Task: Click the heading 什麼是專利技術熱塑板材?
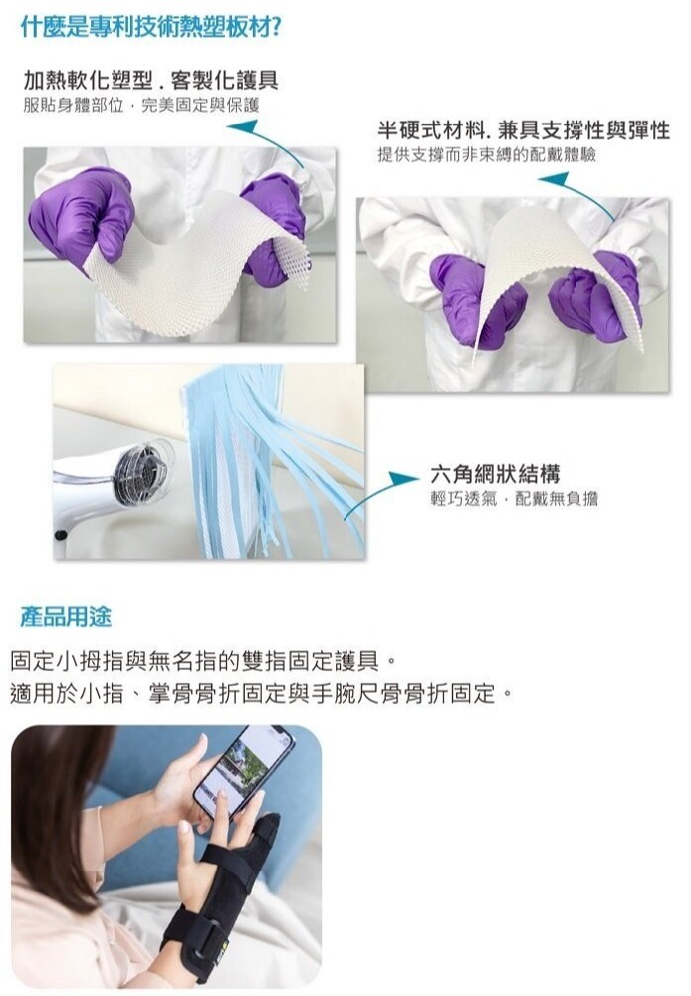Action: click(x=152, y=27)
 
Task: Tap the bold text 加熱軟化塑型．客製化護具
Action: click(x=150, y=80)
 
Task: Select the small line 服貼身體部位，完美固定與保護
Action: click(x=141, y=105)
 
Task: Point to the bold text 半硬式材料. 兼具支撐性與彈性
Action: click(x=524, y=130)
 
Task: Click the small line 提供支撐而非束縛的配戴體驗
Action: click(x=487, y=155)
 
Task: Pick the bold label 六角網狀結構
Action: click(x=496, y=473)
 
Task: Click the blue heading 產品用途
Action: click(x=66, y=617)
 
